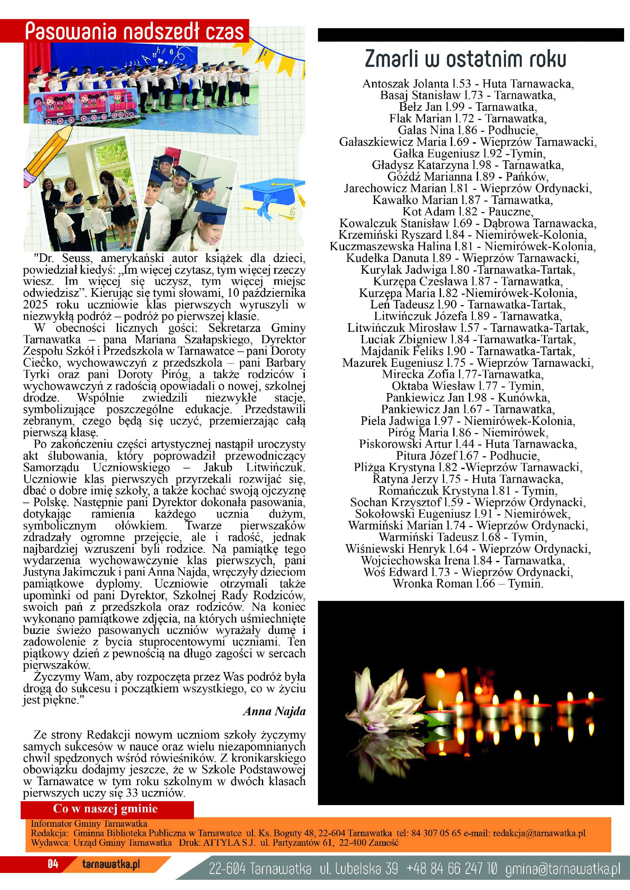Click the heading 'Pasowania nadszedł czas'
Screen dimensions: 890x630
point(134,31)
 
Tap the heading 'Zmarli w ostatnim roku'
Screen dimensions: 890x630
point(465,59)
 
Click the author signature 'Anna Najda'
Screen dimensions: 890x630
point(274,711)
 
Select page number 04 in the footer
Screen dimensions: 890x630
point(53,864)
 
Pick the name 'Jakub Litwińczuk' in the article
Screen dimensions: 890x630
point(254,467)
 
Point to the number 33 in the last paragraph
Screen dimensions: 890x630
point(132,793)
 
